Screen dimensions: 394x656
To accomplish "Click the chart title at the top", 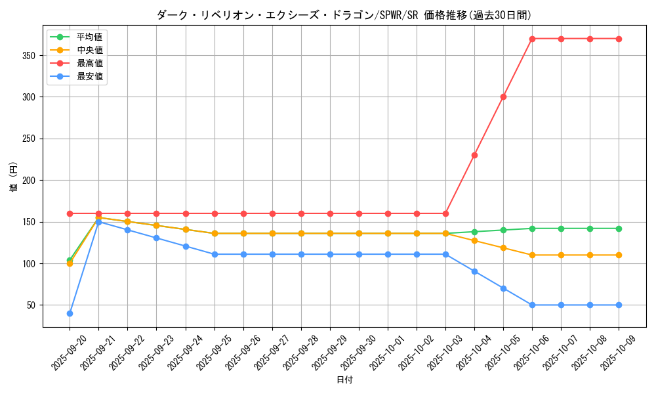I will (x=344, y=15).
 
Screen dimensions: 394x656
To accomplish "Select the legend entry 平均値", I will (x=89, y=37).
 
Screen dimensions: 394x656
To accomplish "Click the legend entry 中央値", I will (x=89, y=50).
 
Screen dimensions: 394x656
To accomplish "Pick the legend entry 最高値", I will (x=89, y=63).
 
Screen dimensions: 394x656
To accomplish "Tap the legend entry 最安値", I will (x=89, y=76).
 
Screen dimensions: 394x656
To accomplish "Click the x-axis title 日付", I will (x=344, y=380).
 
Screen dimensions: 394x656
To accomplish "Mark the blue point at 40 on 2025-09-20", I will (x=70, y=313).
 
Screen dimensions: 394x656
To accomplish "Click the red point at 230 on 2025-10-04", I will (x=474, y=155).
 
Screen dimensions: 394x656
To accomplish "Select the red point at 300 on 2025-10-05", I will (x=503, y=97).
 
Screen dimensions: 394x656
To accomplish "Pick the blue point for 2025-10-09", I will (x=619, y=305).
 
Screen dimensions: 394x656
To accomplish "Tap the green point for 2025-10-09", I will (x=619, y=229).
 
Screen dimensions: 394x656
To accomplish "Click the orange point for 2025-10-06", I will (x=532, y=255).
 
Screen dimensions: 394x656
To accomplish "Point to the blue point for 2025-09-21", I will (x=98, y=222).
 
